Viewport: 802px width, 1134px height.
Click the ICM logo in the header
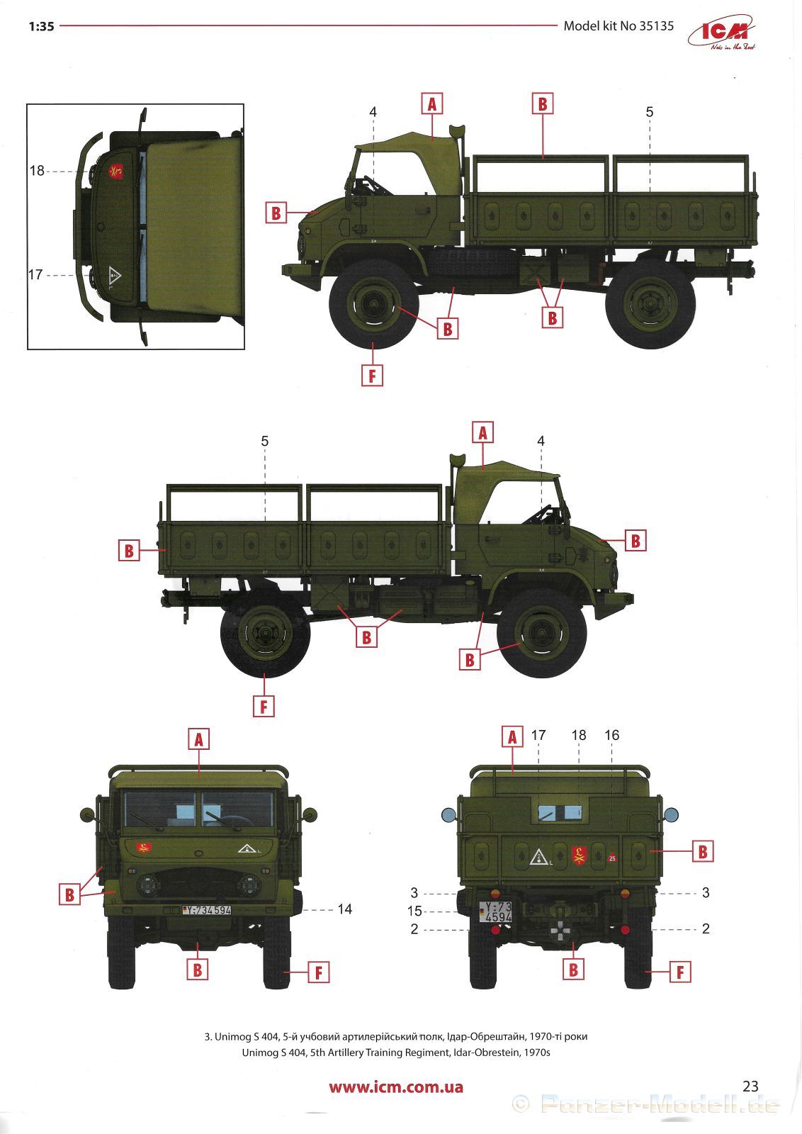(721, 33)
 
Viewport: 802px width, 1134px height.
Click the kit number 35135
(656, 26)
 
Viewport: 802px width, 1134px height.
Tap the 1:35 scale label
(42, 26)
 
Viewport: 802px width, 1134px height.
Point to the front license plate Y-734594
(206, 910)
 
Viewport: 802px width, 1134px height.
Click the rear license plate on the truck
(495, 911)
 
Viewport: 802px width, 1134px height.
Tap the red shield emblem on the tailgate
(578, 855)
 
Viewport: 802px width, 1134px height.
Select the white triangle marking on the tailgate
(539, 857)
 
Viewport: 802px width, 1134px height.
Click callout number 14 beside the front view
(344, 909)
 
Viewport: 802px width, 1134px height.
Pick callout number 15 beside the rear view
(414, 911)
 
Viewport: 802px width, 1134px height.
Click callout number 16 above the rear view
(611, 735)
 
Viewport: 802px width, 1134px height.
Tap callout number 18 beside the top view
(37, 171)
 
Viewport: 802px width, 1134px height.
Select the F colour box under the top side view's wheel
(373, 376)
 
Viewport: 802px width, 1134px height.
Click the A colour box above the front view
(199, 740)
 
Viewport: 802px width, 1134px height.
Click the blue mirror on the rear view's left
(448, 814)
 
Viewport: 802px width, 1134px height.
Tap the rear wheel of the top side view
(650, 304)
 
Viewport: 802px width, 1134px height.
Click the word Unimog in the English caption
(259, 1052)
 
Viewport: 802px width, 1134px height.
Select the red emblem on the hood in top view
(116, 172)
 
